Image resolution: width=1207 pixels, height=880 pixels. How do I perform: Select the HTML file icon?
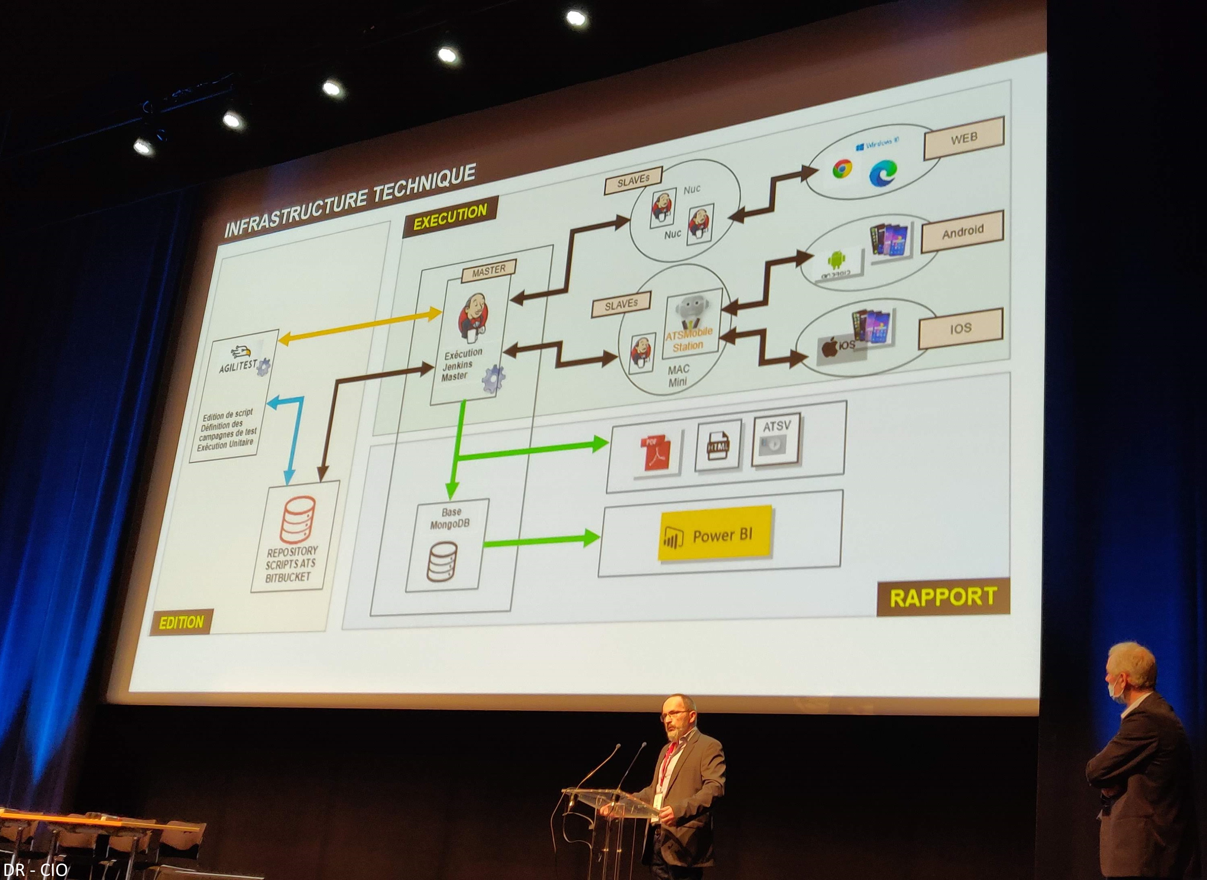pyautogui.click(x=718, y=445)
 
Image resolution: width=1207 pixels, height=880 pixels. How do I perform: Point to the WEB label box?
pyautogui.click(x=964, y=138)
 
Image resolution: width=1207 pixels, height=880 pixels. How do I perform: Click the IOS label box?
pyautogui.click(x=960, y=328)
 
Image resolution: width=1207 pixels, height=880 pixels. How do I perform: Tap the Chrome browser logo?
pyautogui.click(x=842, y=169)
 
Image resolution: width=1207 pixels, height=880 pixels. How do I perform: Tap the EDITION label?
pyautogui.click(x=181, y=622)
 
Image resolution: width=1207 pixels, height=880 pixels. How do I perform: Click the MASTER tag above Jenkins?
pyautogui.click(x=488, y=271)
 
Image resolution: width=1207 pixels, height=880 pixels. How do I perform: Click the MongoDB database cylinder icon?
pyautogui.click(x=442, y=561)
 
